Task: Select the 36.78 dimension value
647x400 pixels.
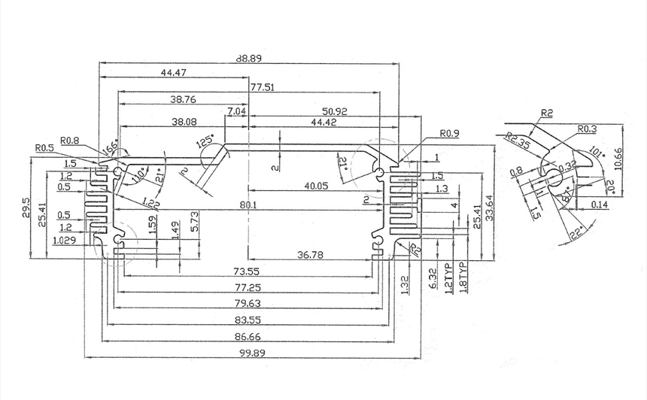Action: [310, 256]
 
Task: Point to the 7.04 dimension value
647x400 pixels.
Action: [236, 111]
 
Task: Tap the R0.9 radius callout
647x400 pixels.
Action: [449, 134]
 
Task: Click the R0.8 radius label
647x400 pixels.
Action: [69, 140]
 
